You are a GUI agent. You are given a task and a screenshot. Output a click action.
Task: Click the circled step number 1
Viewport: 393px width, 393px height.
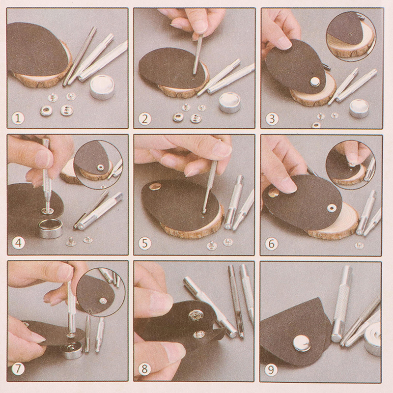pyautogui.click(x=18, y=118)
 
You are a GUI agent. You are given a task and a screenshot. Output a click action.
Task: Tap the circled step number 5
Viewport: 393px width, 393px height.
pyautogui.click(x=145, y=243)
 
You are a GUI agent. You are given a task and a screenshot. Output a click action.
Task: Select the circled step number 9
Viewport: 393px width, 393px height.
pyautogui.click(x=271, y=370)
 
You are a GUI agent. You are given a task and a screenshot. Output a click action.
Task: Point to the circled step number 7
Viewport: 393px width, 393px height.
pyautogui.click(x=18, y=369)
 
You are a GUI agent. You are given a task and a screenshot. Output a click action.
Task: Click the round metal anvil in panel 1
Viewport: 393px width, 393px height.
pyautogui.click(x=102, y=87)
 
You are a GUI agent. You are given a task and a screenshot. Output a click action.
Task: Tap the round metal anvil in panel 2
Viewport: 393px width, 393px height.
pyautogui.click(x=230, y=103)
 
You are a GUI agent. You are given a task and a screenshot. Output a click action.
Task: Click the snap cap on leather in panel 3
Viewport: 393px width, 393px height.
pyautogui.click(x=315, y=82)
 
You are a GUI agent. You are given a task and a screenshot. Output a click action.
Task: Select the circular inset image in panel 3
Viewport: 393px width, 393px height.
pyautogui.click(x=351, y=36)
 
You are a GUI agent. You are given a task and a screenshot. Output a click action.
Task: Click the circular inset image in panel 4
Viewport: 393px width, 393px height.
pyautogui.click(x=99, y=165)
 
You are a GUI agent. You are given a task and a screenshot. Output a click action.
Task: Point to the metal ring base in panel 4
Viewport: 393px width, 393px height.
pyautogui.click(x=51, y=228)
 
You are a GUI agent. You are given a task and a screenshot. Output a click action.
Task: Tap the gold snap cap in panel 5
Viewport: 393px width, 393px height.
pyautogui.click(x=155, y=186)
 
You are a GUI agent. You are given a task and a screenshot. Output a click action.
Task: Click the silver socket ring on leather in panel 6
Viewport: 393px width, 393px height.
pyautogui.click(x=332, y=207)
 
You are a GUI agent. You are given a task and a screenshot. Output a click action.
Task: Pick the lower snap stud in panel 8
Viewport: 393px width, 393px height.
pyautogui.click(x=199, y=334)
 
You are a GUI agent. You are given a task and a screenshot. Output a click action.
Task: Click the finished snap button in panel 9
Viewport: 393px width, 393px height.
pyautogui.click(x=302, y=343)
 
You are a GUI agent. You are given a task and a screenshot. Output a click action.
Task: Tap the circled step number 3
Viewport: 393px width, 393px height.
pyautogui.click(x=272, y=119)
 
